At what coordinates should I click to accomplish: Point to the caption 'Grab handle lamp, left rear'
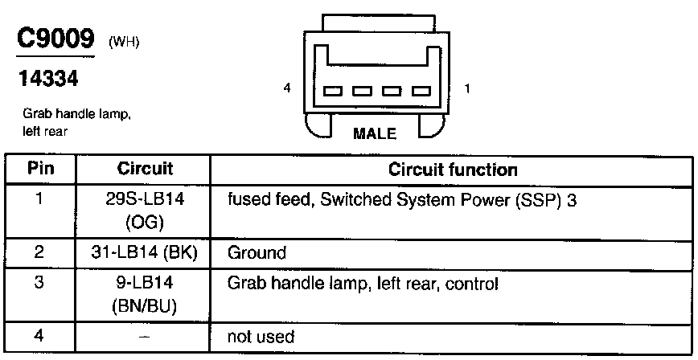72,123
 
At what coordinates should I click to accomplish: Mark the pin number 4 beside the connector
287,89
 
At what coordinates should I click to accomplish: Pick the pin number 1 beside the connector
468,89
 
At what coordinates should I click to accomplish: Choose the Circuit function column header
453,170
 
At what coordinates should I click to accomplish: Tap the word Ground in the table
257,253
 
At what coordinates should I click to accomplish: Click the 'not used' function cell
261,337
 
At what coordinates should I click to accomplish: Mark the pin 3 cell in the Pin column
39,283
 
